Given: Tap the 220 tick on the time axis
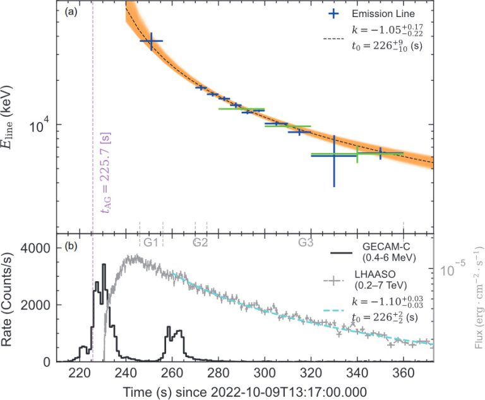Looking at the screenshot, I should coord(80,371).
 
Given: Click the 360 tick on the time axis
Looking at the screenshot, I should coord(404,371).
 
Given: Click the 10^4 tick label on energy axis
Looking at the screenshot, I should coord(42,126).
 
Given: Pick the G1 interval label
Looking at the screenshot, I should coord(150,243).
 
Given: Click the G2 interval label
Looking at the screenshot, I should coord(201,243).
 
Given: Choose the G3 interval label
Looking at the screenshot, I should coord(306,243).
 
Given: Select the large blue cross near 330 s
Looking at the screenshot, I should coord(333,155).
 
